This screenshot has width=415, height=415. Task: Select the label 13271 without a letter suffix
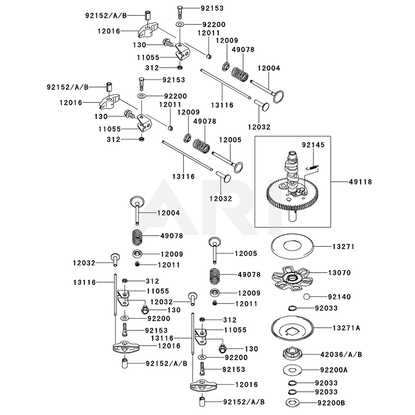[x=343, y=246]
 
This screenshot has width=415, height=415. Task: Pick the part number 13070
[x=339, y=273]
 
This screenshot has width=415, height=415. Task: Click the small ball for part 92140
[x=307, y=297]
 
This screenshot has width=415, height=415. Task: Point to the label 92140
[x=339, y=297]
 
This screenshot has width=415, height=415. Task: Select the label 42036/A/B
[x=341, y=354]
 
